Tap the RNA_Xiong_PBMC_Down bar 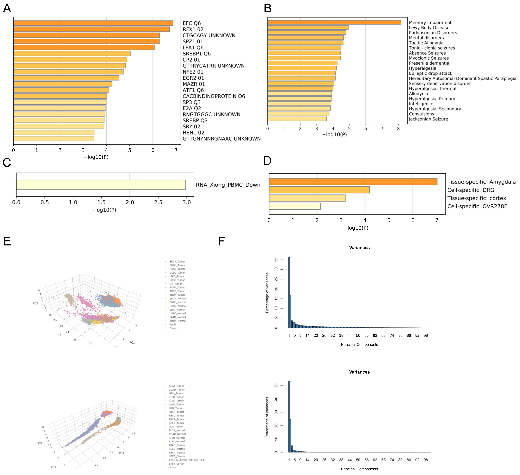click(x=101, y=185)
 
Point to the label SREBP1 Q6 click(x=197, y=54)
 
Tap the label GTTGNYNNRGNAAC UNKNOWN click(x=222, y=139)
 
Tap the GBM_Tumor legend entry click(x=176, y=393)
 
